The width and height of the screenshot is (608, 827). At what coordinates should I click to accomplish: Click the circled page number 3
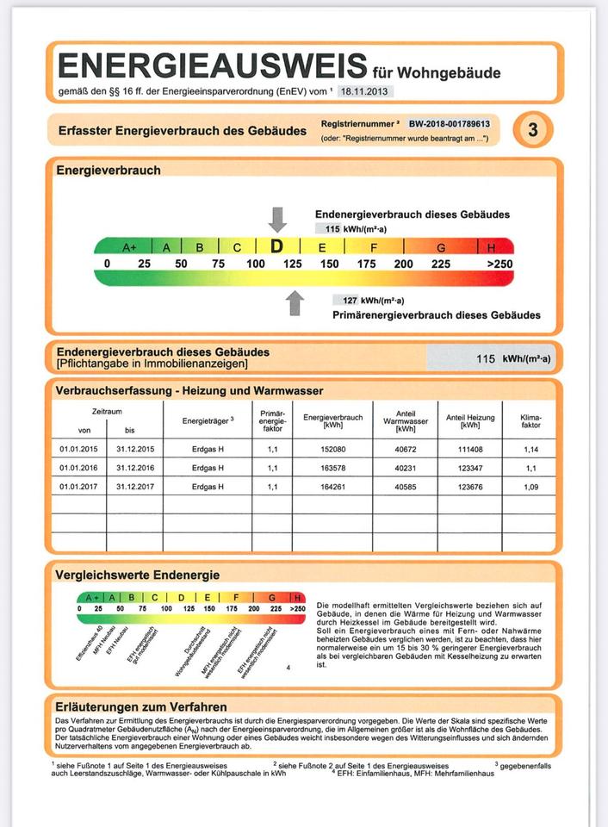(532, 130)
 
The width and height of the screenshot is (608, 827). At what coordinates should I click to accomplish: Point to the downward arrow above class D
(277, 220)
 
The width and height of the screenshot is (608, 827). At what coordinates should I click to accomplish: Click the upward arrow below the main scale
(295, 302)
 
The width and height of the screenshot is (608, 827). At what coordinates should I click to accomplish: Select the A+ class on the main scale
(129, 247)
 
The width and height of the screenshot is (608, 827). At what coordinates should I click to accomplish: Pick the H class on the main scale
(492, 247)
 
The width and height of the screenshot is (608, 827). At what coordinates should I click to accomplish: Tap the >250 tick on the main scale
(499, 264)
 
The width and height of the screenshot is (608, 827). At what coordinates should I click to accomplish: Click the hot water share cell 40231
(406, 468)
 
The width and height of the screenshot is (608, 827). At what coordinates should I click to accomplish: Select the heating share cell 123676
(470, 487)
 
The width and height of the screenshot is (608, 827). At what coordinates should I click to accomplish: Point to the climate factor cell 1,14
(530, 449)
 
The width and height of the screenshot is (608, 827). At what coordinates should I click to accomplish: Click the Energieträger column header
(208, 420)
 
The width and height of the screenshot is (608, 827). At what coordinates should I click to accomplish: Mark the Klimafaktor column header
(530, 420)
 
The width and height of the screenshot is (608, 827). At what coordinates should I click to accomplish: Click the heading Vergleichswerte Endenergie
(137, 575)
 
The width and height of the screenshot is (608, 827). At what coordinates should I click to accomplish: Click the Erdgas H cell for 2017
(208, 487)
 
